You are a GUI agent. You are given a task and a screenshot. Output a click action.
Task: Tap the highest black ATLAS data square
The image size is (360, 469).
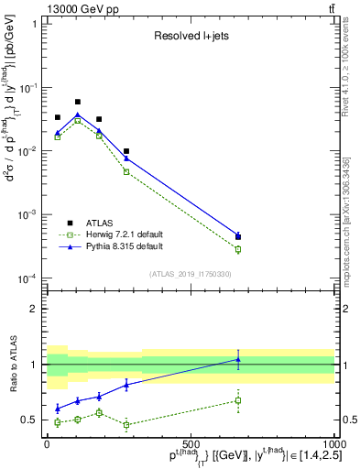(x=78, y=102)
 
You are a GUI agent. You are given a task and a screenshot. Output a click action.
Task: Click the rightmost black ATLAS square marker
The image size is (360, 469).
(x=238, y=236)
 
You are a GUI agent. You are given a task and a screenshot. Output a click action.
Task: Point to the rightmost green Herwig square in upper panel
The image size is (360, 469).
(x=238, y=249)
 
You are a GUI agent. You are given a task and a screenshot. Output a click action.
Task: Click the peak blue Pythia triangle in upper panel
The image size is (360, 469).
(x=78, y=115)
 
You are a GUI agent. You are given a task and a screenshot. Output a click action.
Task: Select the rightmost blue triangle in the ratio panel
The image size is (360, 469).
(x=238, y=359)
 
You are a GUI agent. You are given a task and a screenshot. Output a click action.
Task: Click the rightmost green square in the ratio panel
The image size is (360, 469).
(x=238, y=400)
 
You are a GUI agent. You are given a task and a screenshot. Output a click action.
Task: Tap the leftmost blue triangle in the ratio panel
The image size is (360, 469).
(x=58, y=409)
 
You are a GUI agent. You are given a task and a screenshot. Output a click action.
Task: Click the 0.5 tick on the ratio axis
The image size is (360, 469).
(x=31, y=420)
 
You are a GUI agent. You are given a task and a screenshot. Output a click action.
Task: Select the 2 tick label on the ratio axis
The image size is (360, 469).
(x=35, y=309)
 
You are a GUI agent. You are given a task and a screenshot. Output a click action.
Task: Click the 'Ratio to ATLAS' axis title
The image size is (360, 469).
(x=12, y=363)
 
